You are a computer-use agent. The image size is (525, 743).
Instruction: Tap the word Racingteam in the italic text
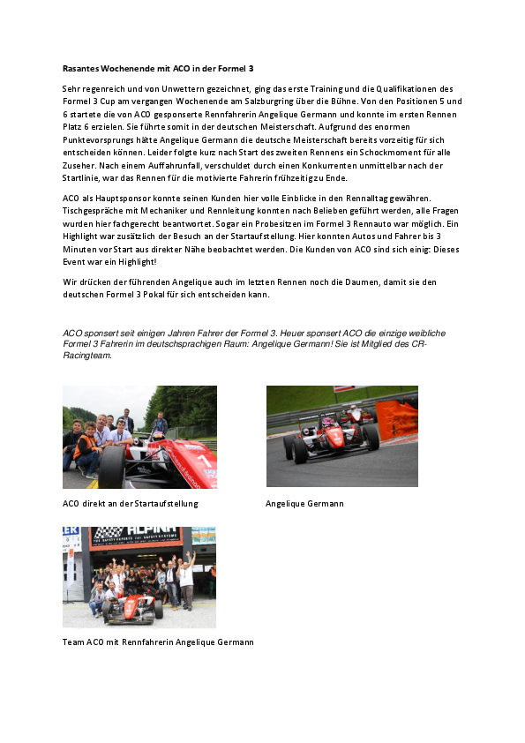point(86,357)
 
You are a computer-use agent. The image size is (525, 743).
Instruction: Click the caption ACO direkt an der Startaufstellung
point(131,504)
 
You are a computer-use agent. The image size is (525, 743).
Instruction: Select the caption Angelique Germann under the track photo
point(304,504)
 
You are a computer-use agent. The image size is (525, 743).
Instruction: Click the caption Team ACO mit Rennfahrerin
point(158,642)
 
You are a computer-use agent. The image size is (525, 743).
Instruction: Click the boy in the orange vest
point(86,448)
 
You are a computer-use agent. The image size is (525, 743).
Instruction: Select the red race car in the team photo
point(132,607)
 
